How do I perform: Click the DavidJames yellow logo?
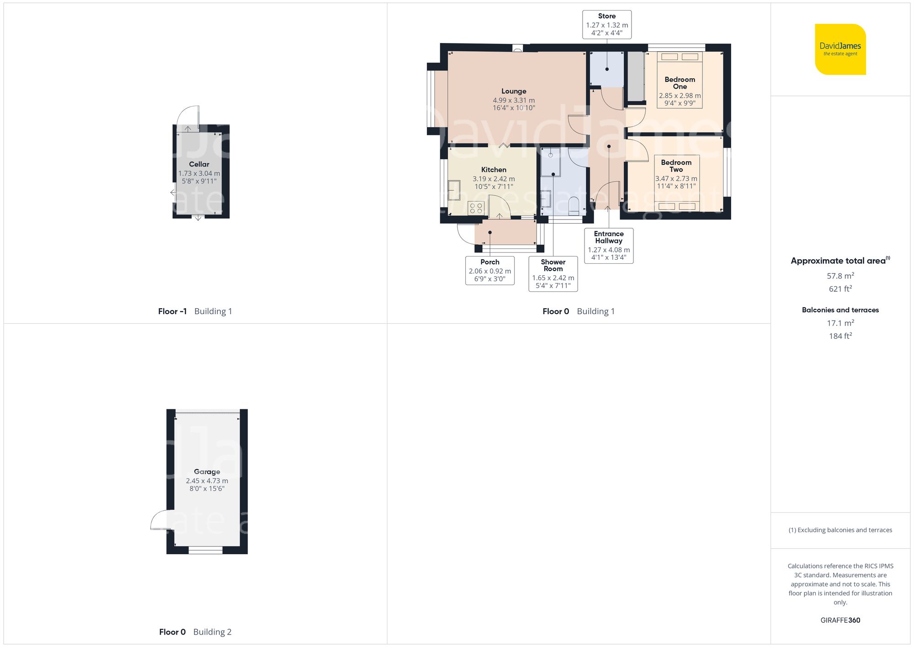(840, 49)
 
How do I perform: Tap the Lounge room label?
(514, 91)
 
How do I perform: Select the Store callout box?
(607, 24)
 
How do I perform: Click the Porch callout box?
(490, 270)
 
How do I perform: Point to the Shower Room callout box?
(553, 273)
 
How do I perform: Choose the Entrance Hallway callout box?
(609, 246)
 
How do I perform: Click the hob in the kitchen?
(476, 208)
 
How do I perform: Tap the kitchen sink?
(454, 190)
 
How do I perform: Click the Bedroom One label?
(680, 83)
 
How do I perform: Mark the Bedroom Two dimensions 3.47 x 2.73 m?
(676, 179)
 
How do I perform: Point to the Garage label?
(207, 471)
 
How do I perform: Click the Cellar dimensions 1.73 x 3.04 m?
(199, 174)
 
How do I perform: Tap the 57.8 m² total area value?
(840, 276)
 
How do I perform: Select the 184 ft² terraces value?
(840, 336)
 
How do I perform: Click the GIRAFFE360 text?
(840, 620)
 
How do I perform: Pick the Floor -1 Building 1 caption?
(195, 311)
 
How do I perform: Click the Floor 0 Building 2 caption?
(195, 632)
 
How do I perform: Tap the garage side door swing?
(161, 520)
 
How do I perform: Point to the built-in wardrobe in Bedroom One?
(635, 76)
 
